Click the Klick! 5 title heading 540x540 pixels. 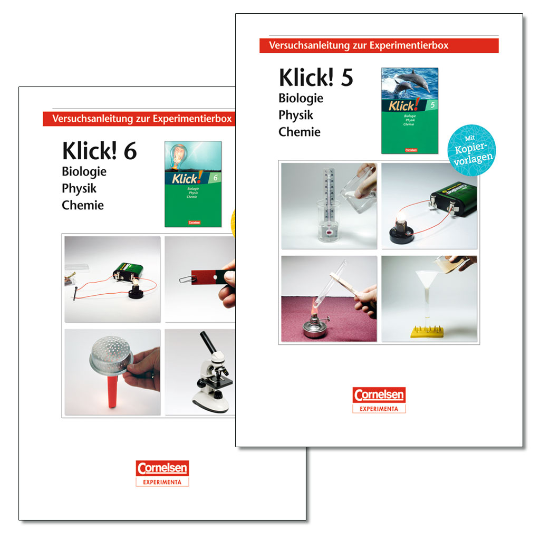(x=316, y=78)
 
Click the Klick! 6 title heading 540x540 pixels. (x=99, y=151)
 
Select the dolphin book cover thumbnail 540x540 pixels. (x=409, y=110)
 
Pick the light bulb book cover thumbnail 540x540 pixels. (x=192, y=184)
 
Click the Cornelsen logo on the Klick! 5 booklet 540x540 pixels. (x=379, y=400)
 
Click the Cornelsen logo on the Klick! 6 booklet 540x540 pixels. (x=162, y=473)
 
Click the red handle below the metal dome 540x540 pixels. (x=112, y=393)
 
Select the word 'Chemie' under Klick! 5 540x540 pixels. (x=299, y=132)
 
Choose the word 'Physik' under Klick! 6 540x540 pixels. (x=79, y=189)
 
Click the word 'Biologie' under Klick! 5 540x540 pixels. (x=301, y=99)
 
